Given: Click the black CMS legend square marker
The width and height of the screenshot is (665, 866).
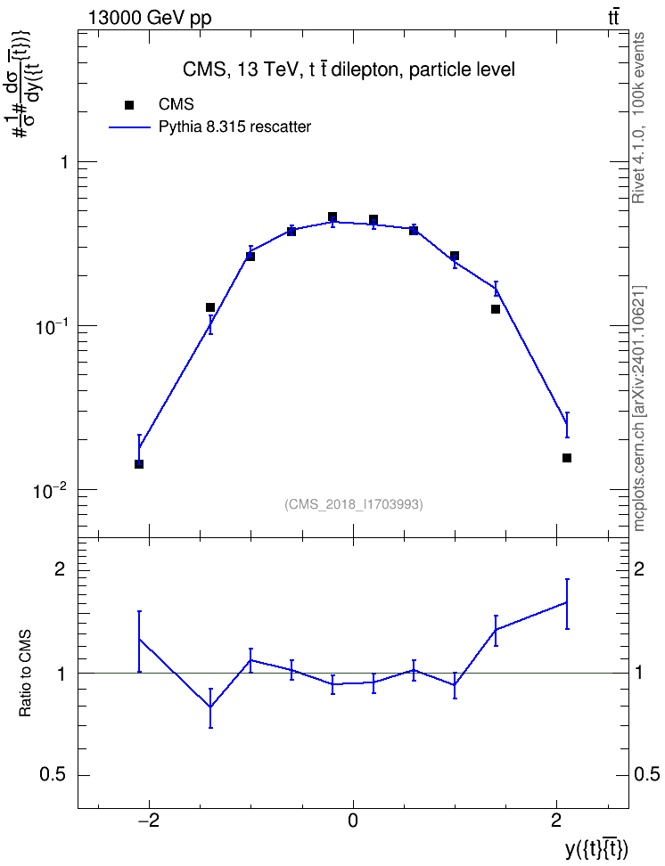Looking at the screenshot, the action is point(129,105).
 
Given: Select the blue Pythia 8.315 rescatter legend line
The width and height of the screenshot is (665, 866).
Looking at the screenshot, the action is point(129,127).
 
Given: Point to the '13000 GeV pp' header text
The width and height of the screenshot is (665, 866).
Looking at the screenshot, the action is point(149,18).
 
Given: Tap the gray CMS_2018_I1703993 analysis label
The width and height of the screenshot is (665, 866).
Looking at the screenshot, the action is point(354,504).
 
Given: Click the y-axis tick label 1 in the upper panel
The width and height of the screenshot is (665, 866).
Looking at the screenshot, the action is point(64,162).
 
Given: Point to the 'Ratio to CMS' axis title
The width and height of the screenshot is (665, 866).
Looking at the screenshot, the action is point(25,674).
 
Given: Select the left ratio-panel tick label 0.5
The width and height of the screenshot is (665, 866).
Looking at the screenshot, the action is point(53,775).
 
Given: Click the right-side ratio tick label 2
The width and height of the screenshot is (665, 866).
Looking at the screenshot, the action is point(639,569).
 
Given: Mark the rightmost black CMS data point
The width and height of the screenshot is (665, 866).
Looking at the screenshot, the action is point(567,458).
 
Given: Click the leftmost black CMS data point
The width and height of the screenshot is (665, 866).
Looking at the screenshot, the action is point(139,464).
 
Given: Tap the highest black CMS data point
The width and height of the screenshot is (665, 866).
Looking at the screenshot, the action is point(332,216).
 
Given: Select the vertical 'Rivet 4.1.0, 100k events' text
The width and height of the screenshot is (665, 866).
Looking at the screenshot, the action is point(638,118).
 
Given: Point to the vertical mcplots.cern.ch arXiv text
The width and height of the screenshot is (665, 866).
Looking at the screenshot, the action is point(638,409).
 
